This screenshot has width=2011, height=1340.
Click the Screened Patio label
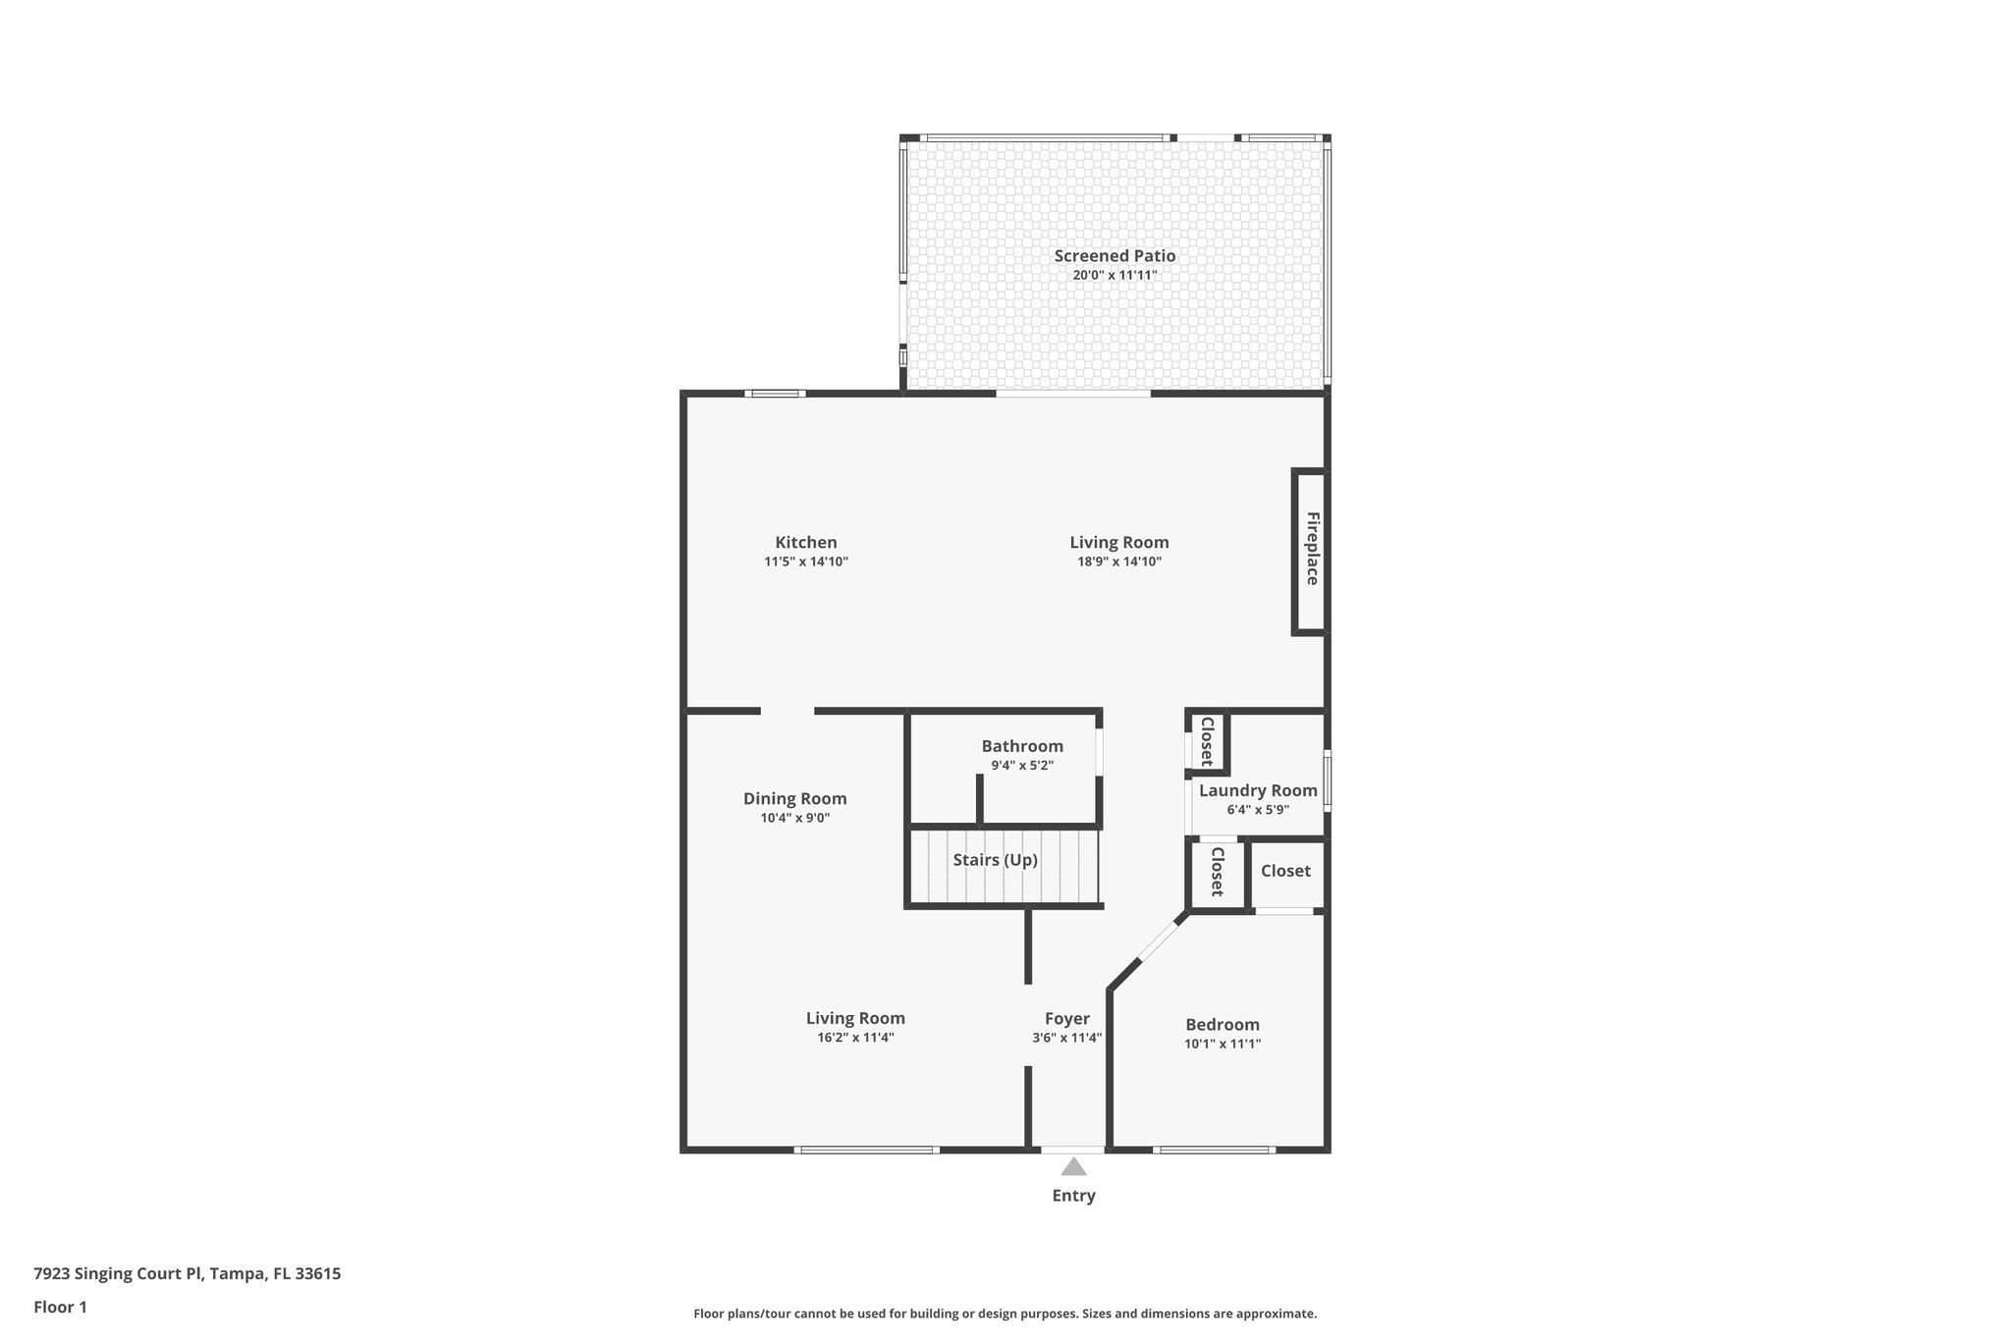[1114, 256]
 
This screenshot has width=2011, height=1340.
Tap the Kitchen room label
[805, 543]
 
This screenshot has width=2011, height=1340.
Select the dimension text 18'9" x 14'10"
[1118, 563]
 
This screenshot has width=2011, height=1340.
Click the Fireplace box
[1310, 550]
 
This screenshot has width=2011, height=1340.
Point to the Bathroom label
[1021, 746]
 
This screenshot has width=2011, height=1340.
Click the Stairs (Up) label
[995, 860]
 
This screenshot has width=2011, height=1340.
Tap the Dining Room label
[794, 799]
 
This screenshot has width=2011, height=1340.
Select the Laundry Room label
[1257, 790]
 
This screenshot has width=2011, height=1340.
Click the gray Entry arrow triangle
[1073, 1167]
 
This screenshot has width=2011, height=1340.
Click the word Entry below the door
[1073, 1196]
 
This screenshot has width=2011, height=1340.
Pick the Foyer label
[1066, 1019]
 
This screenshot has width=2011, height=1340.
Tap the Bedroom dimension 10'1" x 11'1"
[1222, 1045]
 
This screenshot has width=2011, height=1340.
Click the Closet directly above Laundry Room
[1207, 741]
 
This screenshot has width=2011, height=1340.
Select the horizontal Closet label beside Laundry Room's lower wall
[1284, 871]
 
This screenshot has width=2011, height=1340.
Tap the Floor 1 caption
[60, 1308]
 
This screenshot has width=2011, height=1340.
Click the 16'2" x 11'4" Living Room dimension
[854, 1038]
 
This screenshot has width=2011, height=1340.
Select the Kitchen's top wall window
[775, 394]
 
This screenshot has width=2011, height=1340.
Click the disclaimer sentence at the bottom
[1005, 1313]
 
